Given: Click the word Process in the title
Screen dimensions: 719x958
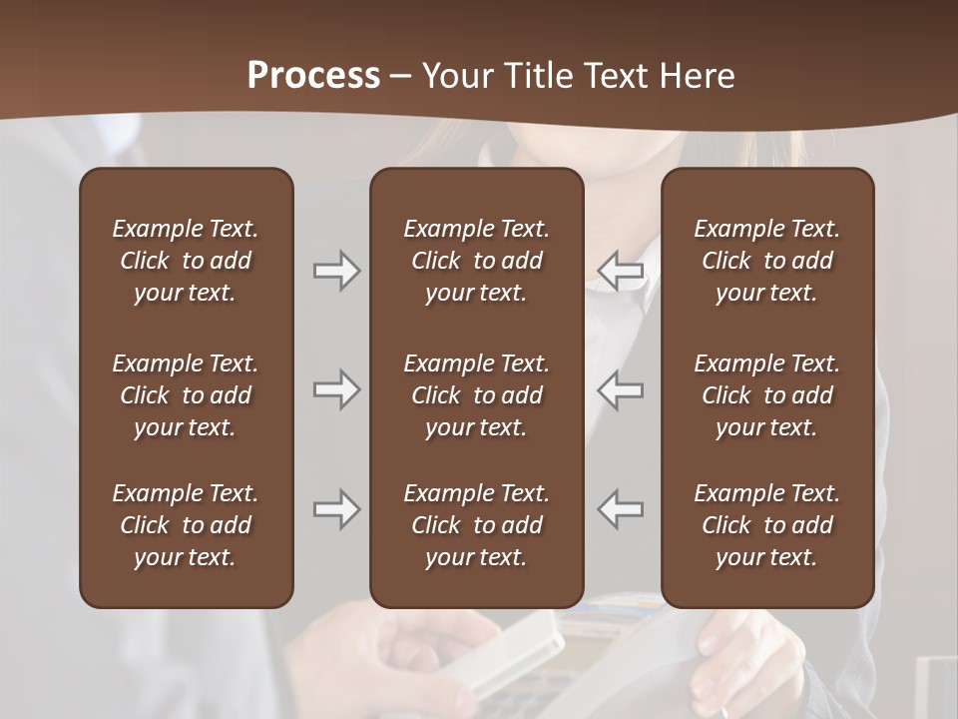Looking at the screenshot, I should pyautogui.click(x=313, y=76).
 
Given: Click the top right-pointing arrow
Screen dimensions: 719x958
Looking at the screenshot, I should pyautogui.click(x=336, y=271).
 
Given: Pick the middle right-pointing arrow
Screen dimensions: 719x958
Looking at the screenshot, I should pyautogui.click(x=336, y=389).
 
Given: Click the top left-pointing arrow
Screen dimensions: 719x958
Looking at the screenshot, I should pyautogui.click(x=620, y=271).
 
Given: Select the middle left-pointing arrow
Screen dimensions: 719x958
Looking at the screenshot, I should pyautogui.click(x=620, y=389).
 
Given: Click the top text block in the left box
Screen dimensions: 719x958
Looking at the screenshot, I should pyautogui.click(x=186, y=261).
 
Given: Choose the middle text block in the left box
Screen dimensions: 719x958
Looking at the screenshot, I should pyautogui.click(x=186, y=395).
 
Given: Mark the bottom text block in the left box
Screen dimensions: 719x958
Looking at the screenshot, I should pyautogui.click(x=186, y=525).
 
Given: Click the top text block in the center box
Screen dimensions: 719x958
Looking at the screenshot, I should pyautogui.click(x=476, y=261).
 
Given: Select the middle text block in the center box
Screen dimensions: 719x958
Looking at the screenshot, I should pyautogui.click(x=476, y=395).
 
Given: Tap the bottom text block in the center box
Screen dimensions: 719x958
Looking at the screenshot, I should pyautogui.click(x=476, y=525).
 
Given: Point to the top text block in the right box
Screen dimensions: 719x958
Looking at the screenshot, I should pyautogui.click(x=766, y=261).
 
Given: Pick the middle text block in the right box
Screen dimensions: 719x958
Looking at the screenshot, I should pyautogui.click(x=766, y=395).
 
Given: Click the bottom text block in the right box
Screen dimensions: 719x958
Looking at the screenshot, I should pyautogui.click(x=766, y=525).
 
